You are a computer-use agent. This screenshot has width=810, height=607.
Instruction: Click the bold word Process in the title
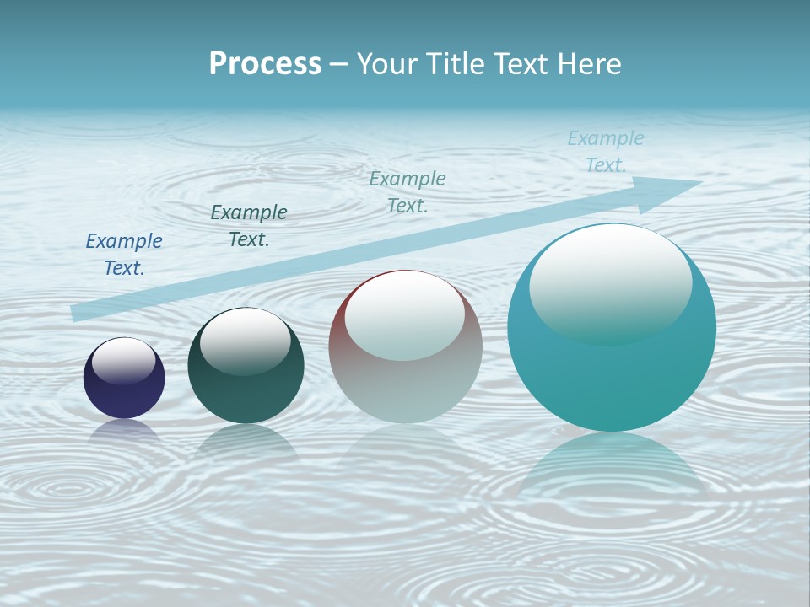(x=265, y=64)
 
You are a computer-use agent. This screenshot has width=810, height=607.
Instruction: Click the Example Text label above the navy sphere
(x=124, y=254)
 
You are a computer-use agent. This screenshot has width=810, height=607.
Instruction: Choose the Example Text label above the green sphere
(x=249, y=225)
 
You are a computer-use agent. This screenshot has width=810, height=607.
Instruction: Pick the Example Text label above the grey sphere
(x=408, y=191)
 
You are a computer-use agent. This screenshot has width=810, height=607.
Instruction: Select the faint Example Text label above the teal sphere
(x=606, y=151)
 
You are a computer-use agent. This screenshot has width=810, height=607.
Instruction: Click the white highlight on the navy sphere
(x=124, y=359)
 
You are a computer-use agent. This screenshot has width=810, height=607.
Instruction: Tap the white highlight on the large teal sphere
(x=610, y=282)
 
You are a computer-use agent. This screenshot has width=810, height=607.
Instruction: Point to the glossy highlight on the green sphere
(x=246, y=340)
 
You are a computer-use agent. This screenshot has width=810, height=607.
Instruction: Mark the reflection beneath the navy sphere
(x=124, y=430)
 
